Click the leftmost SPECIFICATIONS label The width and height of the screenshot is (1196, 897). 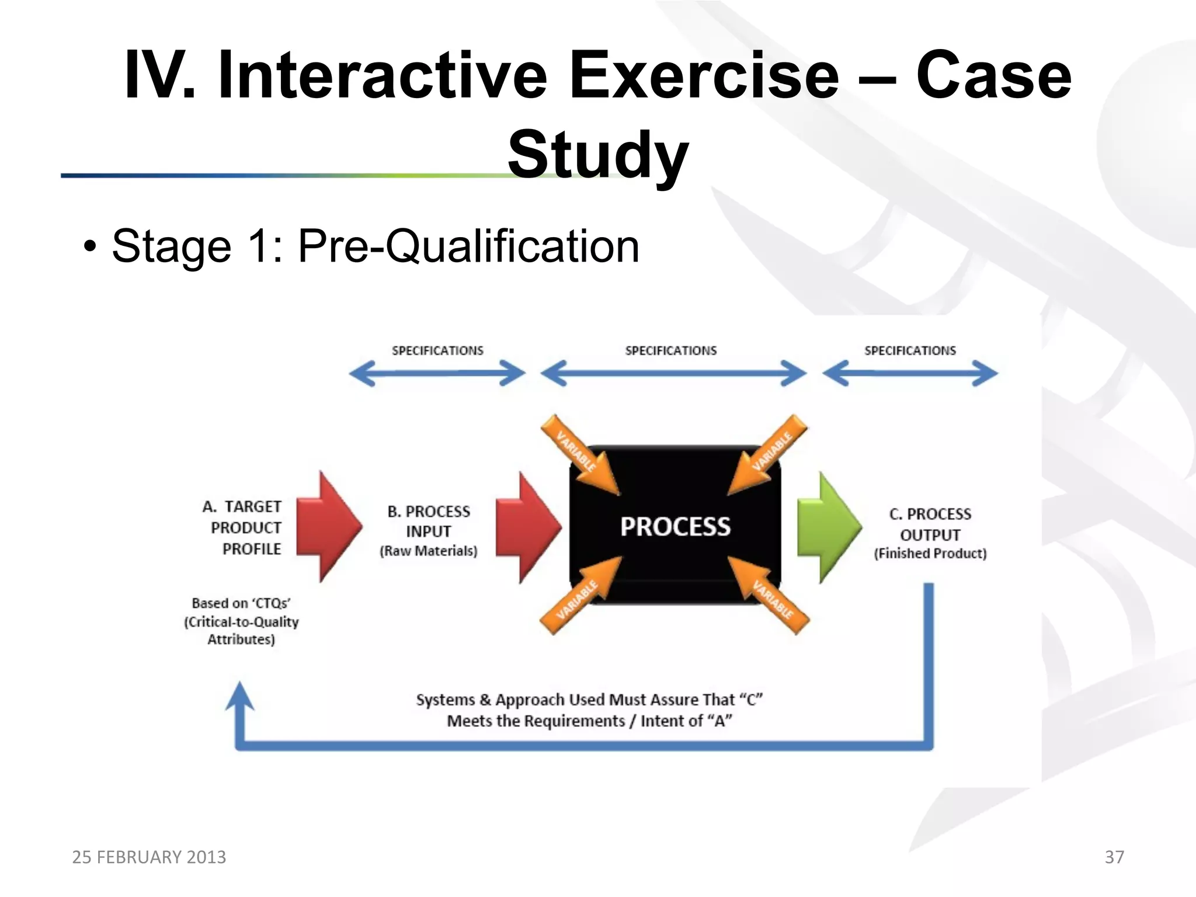[437, 350]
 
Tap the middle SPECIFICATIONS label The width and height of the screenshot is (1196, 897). [670, 350]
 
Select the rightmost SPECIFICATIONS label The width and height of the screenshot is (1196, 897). [910, 350]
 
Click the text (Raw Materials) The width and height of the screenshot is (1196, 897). [429, 551]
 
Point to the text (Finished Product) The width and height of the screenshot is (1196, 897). [930, 553]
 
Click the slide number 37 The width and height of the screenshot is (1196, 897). [1114, 857]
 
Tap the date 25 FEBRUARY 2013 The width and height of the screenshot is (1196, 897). [149, 857]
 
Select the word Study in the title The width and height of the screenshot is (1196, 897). [598, 155]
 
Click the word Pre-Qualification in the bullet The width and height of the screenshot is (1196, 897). [468, 246]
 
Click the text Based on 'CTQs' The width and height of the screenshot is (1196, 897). [241, 603]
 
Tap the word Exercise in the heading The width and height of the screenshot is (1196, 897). [704, 75]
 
